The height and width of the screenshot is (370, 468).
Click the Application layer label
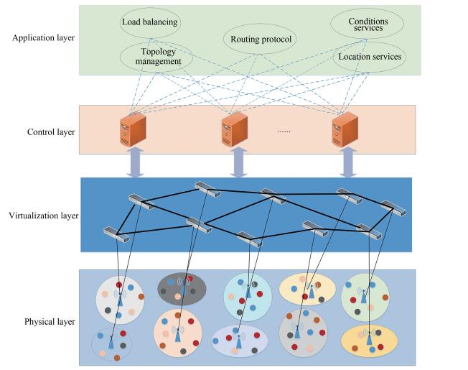(x=44, y=38)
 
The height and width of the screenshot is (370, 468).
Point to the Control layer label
(x=51, y=132)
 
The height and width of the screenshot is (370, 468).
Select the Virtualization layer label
(x=44, y=216)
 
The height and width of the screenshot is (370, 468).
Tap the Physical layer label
(x=50, y=322)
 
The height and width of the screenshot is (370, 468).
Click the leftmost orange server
(x=133, y=130)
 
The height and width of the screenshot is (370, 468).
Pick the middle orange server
(x=235, y=130)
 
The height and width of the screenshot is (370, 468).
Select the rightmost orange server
(x=345, y=130)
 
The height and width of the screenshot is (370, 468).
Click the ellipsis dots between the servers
(x=284, y=131)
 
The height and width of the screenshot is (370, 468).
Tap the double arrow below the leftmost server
(x=135, y=162)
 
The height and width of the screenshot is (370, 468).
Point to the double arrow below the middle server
(x=238, y=162)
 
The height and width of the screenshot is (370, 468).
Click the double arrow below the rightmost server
(x=348, y=162)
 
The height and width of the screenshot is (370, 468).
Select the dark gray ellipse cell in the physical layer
(x=182, y=289)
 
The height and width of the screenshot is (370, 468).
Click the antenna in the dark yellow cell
(x=369, y=337)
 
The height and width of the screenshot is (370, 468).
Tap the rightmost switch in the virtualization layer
(x=393, y=208)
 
